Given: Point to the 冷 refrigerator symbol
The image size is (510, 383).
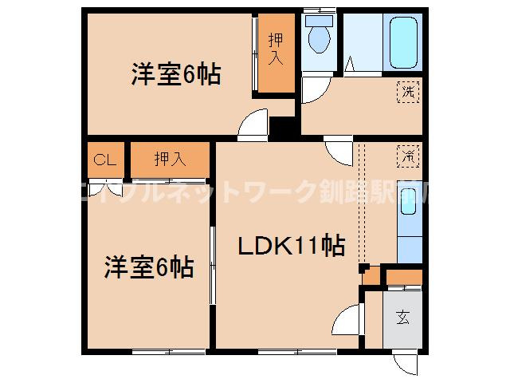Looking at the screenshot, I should point(408,156).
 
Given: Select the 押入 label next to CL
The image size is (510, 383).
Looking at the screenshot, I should point(170,158).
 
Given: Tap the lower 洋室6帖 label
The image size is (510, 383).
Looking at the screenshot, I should point(149,266).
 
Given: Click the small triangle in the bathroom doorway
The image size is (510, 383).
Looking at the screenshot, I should point(351,65).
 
